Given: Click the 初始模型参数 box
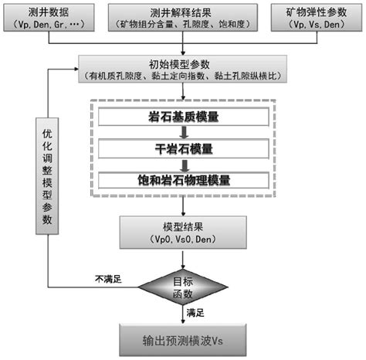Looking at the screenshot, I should click(184, 71).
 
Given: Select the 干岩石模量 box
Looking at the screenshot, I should click(184, 150).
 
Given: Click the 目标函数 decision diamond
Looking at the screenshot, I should click(184, 288).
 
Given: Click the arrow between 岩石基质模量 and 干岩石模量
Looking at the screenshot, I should click(184, 134).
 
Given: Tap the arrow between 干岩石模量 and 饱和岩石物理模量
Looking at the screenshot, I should click(184, 165).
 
